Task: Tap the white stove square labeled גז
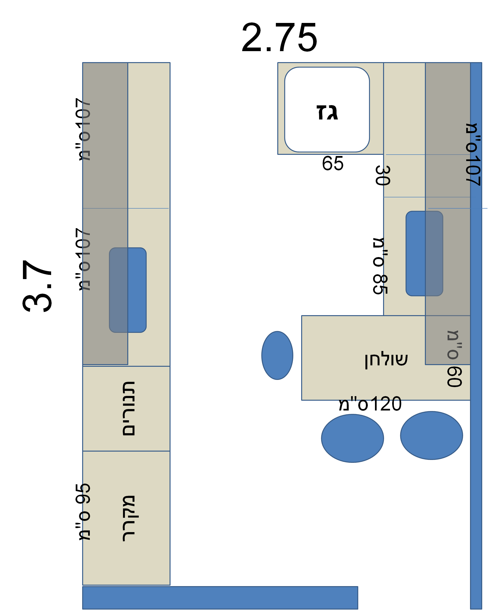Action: [x=327, y=110]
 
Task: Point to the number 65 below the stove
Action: [x=332, y=164]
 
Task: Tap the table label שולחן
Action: [x=386, y=360]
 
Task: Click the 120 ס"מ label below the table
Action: [x=370, y=404]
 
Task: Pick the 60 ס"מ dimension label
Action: [x=455, y=359]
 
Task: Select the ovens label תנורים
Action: [x=129, y=409]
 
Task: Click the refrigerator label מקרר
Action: [x=129, y=518]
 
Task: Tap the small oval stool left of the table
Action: [x=277, y=355]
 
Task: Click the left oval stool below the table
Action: [x=352, y=438]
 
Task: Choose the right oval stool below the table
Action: [x=431, y=435]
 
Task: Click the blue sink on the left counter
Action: [x=128, y=290]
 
